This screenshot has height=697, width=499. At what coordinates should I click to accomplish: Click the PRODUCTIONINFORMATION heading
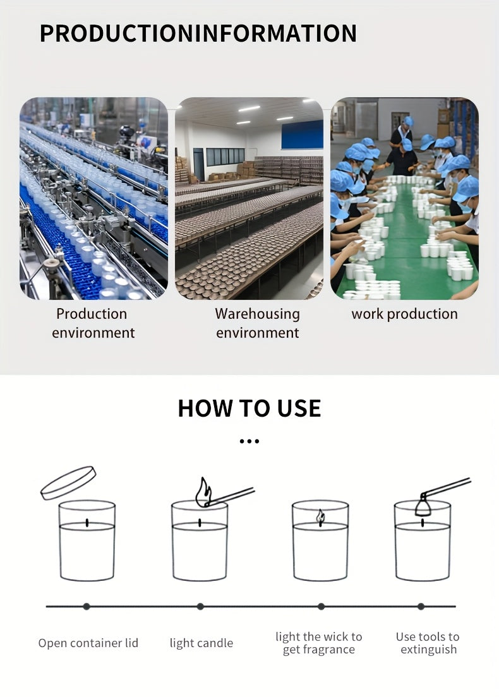click(198, 33)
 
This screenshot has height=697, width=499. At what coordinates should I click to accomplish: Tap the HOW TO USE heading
click(249, 408)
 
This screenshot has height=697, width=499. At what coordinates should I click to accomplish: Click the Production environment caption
click(92, 323)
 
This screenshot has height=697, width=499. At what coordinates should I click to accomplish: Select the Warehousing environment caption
click(258, 323)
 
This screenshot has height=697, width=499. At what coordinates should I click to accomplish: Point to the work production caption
click(404, 314)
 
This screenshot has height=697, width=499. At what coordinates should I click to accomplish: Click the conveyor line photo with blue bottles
click(94, 198)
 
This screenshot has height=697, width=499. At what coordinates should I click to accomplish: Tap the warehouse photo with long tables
click(249, 198)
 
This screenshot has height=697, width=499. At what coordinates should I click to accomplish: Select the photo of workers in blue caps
click(404, 198)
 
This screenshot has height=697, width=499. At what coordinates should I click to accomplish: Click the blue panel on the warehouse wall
click(303, 134)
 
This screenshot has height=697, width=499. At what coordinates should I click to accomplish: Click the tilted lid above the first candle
click(68, 483)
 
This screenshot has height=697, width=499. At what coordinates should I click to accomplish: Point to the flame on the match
click(203, 492)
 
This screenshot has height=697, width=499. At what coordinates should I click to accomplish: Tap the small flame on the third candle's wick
click(320, 516)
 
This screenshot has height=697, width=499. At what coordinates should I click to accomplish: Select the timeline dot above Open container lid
click(87, 606)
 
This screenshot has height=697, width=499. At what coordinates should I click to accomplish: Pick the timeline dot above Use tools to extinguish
click(421, 606)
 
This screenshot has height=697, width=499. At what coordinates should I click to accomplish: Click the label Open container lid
click(88, 643)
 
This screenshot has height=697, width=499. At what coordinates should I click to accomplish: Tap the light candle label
click(201, 643)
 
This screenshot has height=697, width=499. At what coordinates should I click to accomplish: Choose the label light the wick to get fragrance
click(319, 643)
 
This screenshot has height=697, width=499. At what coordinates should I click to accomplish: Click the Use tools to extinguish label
click(428, 643)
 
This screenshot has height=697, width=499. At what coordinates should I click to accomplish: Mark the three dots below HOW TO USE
click(249, 441)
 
